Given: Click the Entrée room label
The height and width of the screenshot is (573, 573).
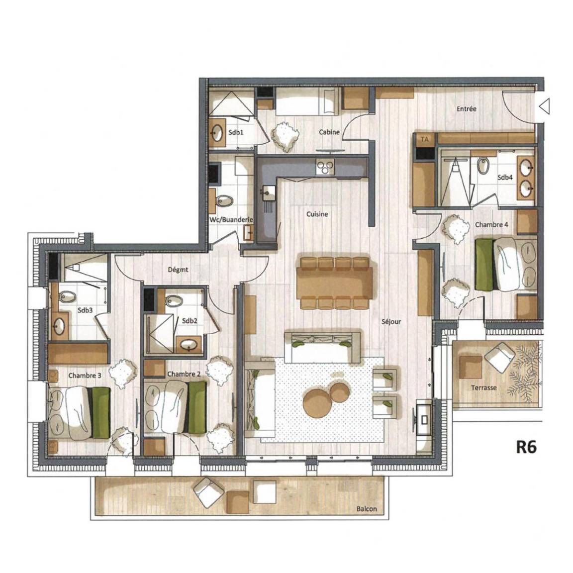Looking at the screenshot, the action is (466, 108).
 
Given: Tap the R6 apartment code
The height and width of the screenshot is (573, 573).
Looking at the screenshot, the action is (526, 447).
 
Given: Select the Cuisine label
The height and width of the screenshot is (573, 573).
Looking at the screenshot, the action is (317, 214).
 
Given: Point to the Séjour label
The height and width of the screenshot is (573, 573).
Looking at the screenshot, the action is (391, 322).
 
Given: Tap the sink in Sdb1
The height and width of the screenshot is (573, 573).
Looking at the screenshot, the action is (217, 133).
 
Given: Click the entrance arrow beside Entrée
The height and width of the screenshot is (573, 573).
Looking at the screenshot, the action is (544, 107).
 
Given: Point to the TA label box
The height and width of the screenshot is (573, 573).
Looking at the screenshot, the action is (425, 139).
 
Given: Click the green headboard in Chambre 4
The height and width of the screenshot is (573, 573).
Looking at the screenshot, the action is (484, 260).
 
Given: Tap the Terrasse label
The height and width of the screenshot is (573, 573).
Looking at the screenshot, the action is (483, 388).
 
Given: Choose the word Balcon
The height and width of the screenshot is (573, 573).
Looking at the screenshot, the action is (367, 509).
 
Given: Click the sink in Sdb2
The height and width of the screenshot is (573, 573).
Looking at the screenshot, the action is (189, 344).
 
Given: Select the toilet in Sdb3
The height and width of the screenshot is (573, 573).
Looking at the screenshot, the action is (66, 296).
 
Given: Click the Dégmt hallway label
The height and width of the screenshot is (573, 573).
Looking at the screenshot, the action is (178, 270).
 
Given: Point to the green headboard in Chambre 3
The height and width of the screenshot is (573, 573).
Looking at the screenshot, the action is (101, 413).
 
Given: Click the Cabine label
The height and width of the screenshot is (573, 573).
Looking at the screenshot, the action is (329, 132).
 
